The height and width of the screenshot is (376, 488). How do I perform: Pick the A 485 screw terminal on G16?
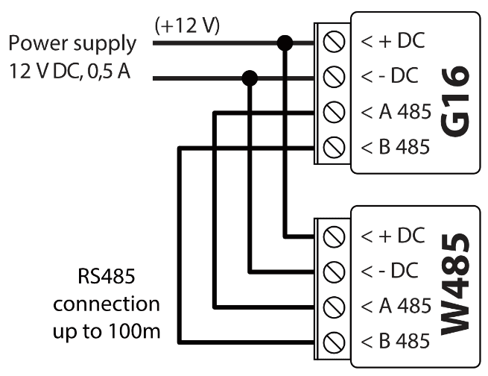[335, 113]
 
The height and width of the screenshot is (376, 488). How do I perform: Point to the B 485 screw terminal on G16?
[335, 147]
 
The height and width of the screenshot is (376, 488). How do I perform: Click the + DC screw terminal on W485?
[335, 236]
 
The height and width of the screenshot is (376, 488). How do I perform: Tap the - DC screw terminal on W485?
[335, 270]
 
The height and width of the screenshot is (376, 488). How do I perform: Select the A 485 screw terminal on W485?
[335, 305]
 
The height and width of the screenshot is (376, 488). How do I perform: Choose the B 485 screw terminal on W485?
[335, 341]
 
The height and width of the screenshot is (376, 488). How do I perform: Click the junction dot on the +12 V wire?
[284, 43]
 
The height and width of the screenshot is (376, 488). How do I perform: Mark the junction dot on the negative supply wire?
[250, 77]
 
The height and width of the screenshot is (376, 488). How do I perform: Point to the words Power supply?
[72, 44]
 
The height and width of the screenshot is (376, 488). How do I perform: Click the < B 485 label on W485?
[395, 341]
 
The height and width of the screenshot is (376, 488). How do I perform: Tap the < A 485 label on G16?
[395, 113]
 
